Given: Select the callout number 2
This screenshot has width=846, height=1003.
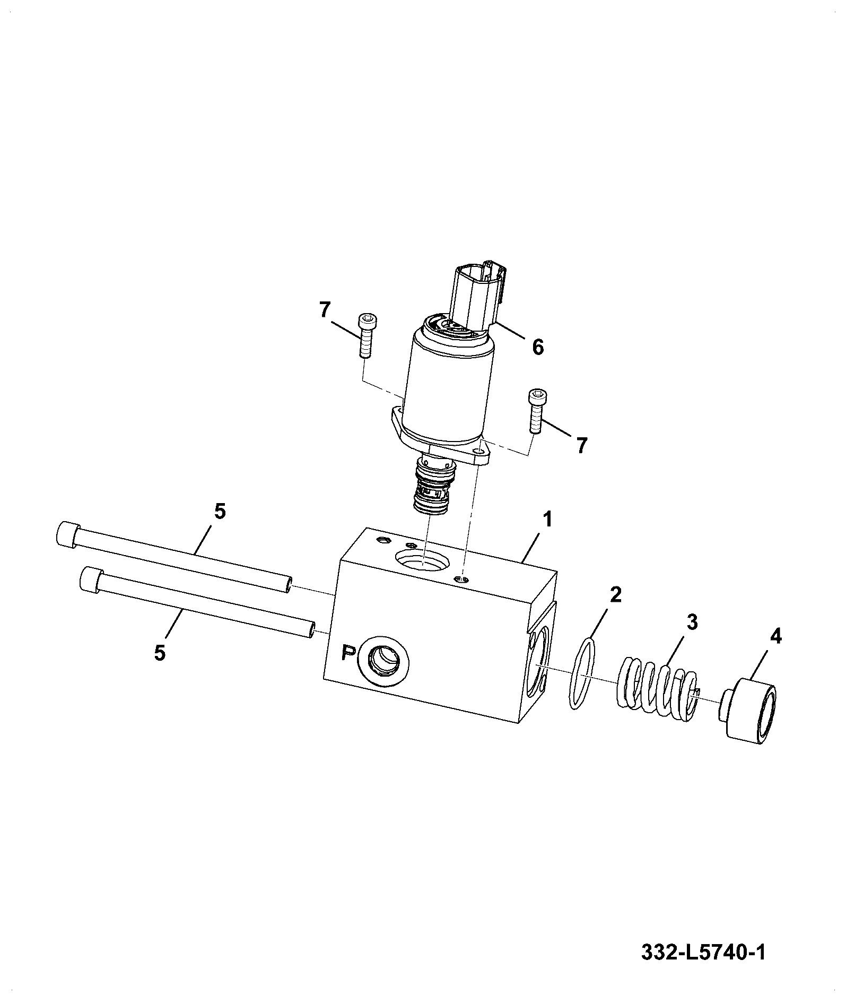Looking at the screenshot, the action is pyautogui.click(x=615, y=595).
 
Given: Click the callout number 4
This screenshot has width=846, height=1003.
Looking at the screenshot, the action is pyautogui.click(x=775, y=636).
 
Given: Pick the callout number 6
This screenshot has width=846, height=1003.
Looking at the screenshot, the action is pyautogui.click(x=537, y=347).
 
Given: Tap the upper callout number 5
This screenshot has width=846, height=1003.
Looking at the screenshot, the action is pyautogui.click(x=220, y=512).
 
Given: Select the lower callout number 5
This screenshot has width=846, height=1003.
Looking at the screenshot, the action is pyautogui.click(x=160, y=652).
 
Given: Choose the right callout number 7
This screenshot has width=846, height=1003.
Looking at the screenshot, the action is pyautogui.click(x=582, y=446).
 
